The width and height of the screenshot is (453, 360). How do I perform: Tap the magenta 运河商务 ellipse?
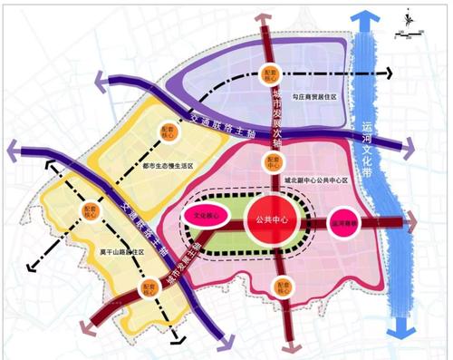[346, 222]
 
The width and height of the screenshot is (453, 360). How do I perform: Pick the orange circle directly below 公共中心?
[286, 288]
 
